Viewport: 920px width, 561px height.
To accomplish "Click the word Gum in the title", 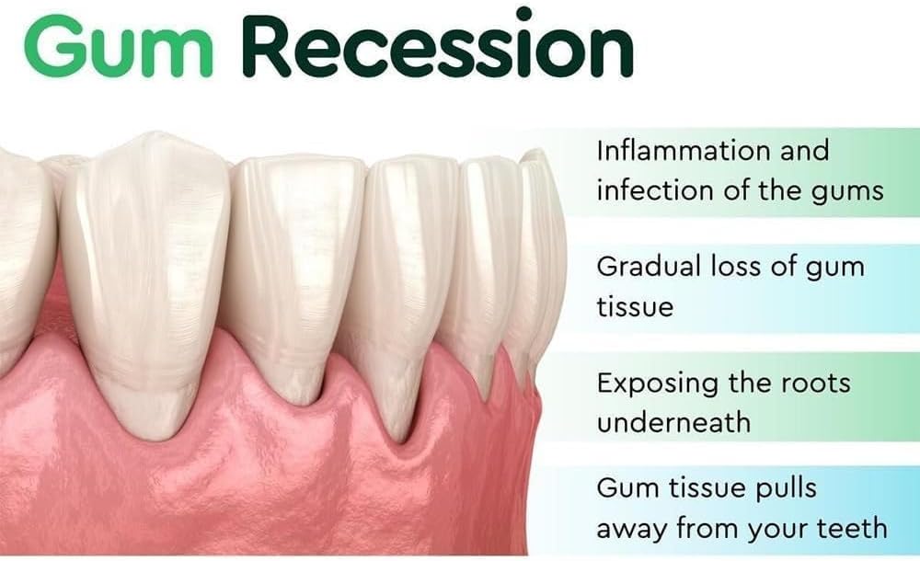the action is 118,46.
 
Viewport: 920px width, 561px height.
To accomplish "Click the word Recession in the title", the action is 438,42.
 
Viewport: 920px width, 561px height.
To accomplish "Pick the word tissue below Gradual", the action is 635,306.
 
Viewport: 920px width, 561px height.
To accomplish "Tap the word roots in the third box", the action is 817,384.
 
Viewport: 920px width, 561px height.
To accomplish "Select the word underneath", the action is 673,422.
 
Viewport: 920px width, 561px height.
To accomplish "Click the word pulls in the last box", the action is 786,489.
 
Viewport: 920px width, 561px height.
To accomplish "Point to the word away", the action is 632,531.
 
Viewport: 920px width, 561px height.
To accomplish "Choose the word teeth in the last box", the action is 852,528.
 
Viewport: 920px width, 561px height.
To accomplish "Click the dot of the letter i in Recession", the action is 525,14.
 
